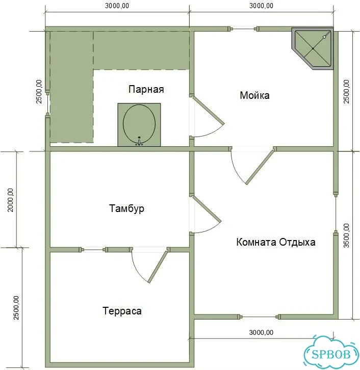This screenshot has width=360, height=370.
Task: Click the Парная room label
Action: (x=146, y=89)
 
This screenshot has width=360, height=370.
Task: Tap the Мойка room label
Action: (x=255, y=95)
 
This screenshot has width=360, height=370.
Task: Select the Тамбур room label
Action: (x=126, y=208)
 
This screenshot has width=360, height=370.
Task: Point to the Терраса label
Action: (x=122, y=311)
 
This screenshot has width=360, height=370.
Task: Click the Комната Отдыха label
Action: (x=276, y=242)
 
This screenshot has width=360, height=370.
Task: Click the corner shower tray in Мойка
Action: (x=313, y=48)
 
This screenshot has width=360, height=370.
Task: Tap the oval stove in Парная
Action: (x=139, y=124)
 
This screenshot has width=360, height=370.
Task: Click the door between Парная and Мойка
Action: (x=207, y=116)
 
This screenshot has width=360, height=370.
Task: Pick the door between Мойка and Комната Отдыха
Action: (x=252, y=165)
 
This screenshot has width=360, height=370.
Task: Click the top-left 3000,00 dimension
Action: (x=117, y=6)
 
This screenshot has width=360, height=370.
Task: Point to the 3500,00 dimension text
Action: (x=346, y=235)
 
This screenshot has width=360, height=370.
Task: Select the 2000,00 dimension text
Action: (x=11, y=200)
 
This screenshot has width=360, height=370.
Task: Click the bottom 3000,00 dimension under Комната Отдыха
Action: (x=261, y=332)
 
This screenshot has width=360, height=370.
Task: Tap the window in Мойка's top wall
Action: (x=244, y=29)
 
